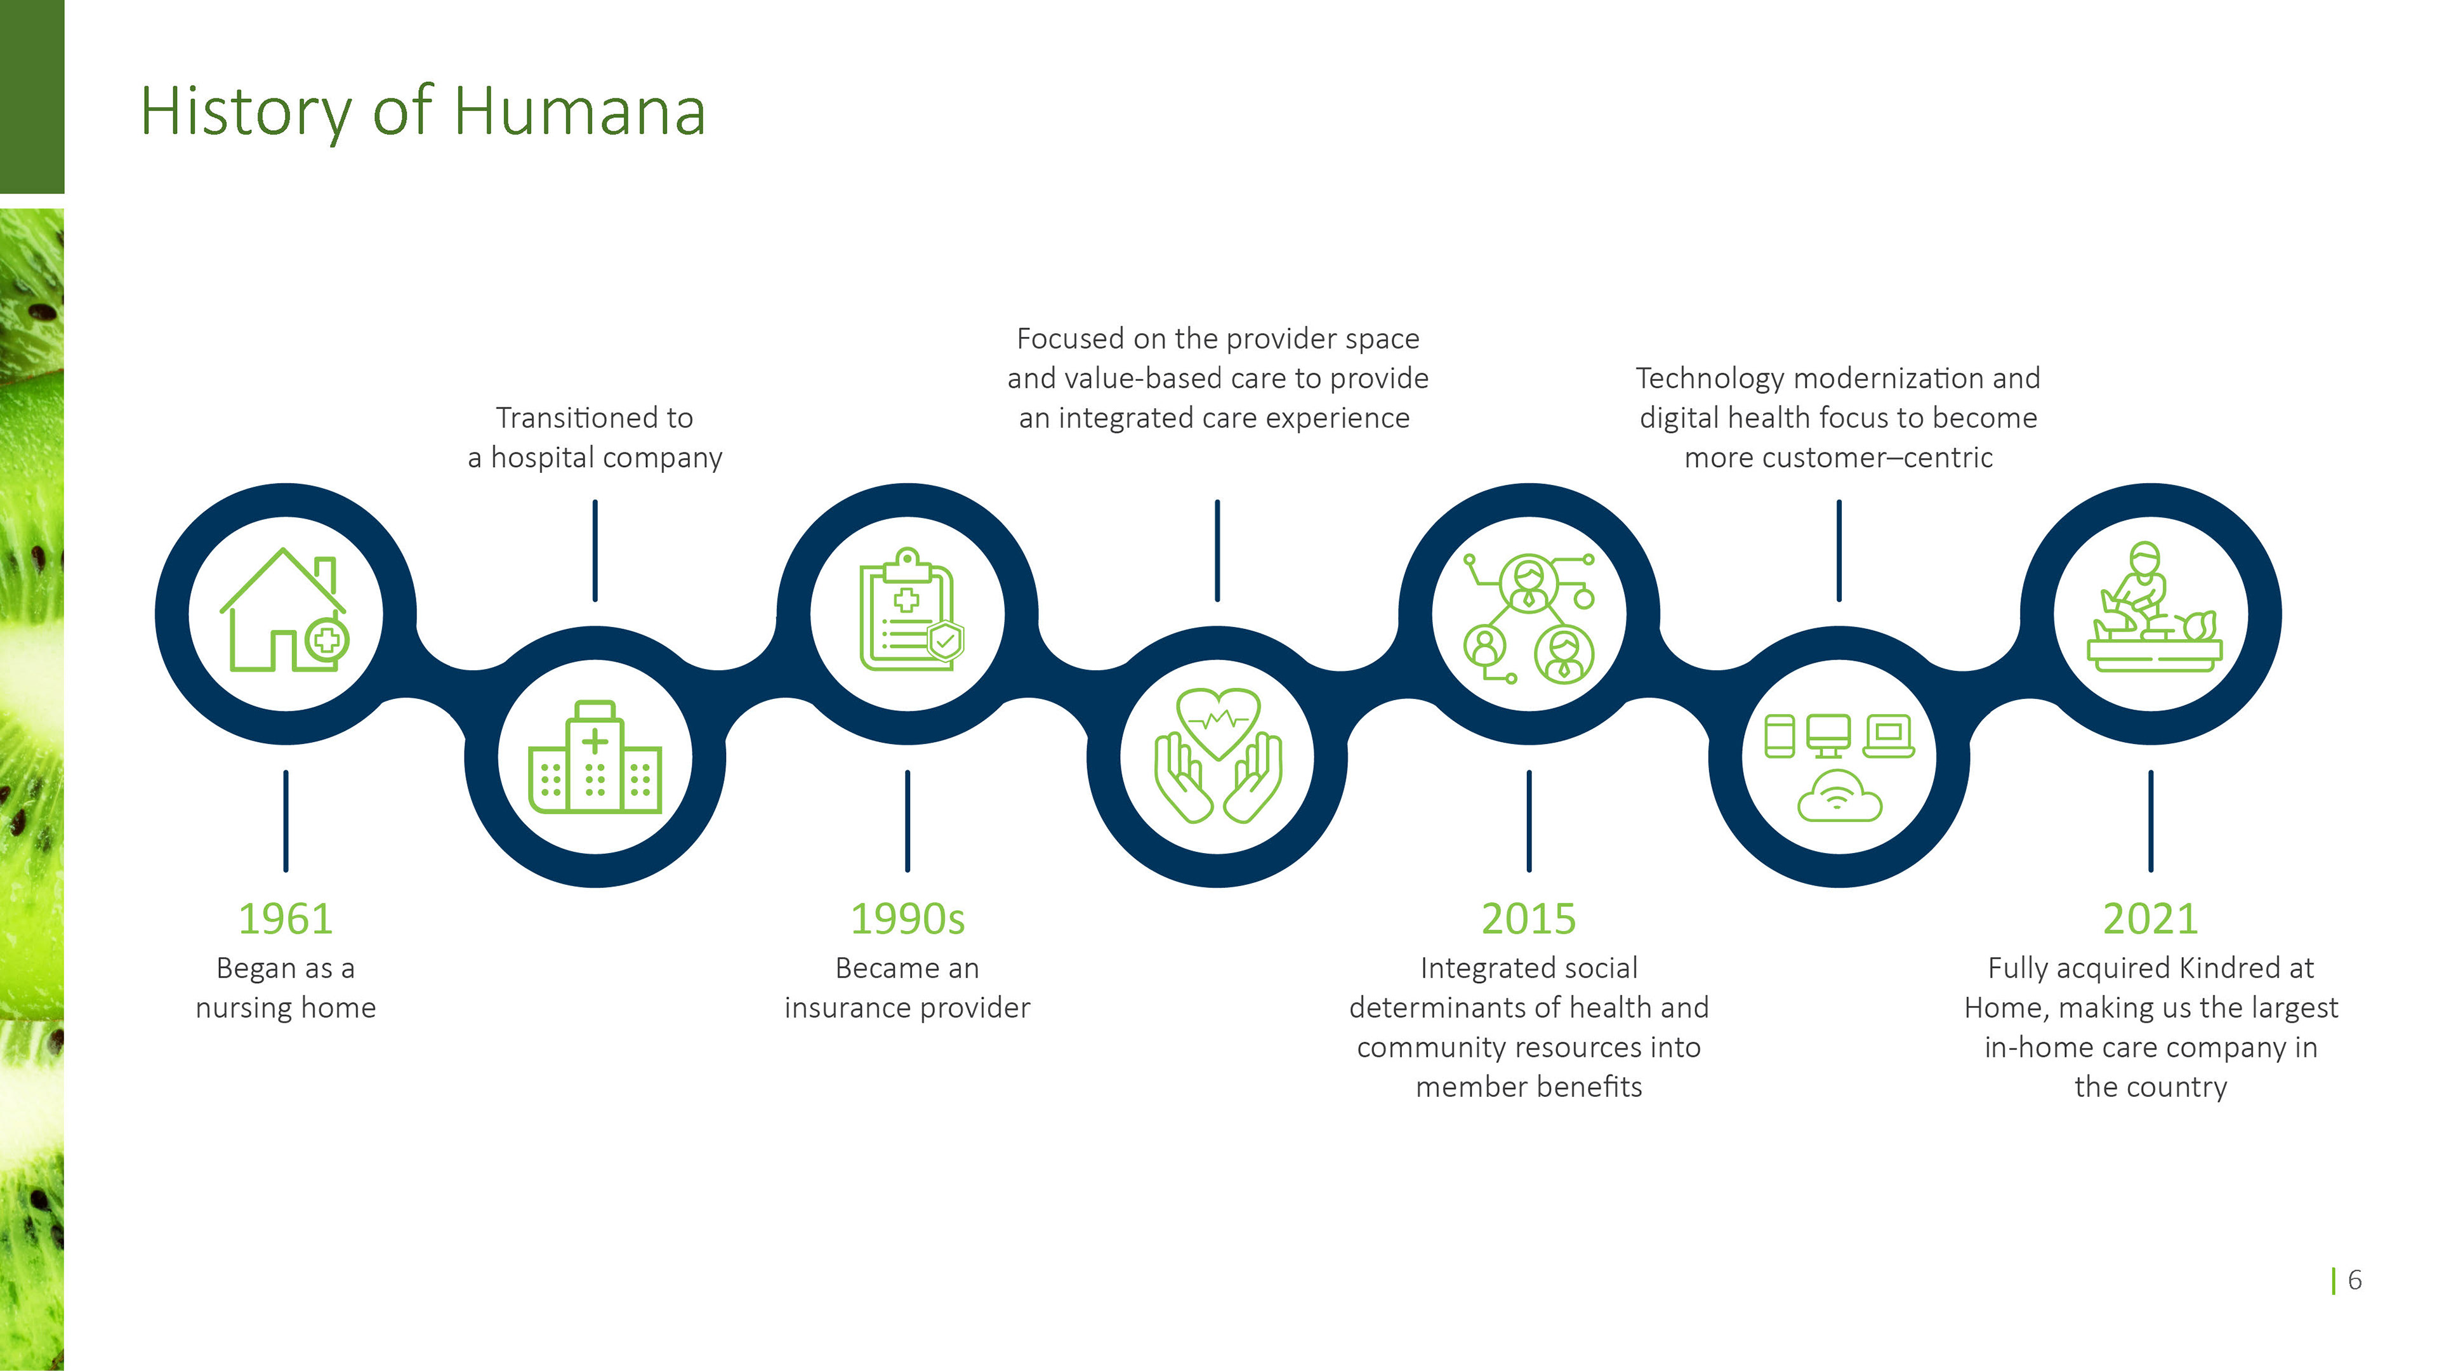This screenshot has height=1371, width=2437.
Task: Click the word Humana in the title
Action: [579, 112]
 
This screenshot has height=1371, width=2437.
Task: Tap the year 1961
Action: [285, 918]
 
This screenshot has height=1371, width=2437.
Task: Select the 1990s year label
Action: [908, 918]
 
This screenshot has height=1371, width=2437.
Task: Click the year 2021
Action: [2150, 918]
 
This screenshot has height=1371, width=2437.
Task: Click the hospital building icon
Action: [595, 757]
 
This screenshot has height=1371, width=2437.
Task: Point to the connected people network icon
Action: [1529, 617]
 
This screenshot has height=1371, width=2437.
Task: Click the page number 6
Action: [2354, 1280]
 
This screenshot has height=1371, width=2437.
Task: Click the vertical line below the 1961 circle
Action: [285, 820]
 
